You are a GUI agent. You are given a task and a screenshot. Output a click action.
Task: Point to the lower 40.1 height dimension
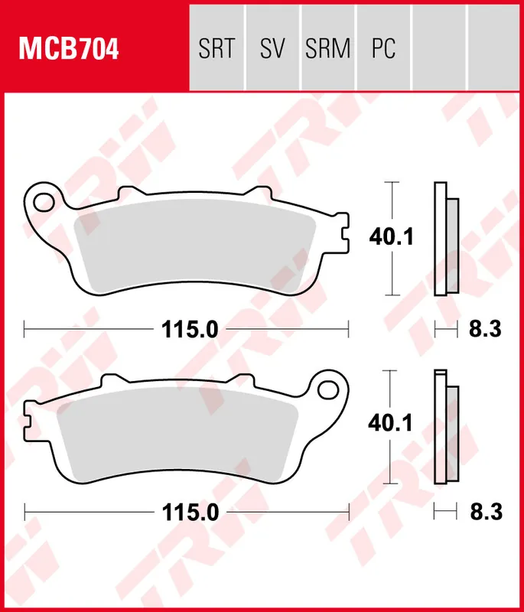(x=392, y=422)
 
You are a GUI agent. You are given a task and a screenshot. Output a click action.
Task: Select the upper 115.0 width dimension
(x=190, y=330)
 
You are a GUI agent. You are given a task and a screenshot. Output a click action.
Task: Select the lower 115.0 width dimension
(x=190, y=511)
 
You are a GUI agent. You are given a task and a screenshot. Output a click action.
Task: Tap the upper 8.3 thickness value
(x=484, y=330)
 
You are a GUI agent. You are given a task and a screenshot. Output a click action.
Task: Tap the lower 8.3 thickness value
(x=484, y=511)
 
